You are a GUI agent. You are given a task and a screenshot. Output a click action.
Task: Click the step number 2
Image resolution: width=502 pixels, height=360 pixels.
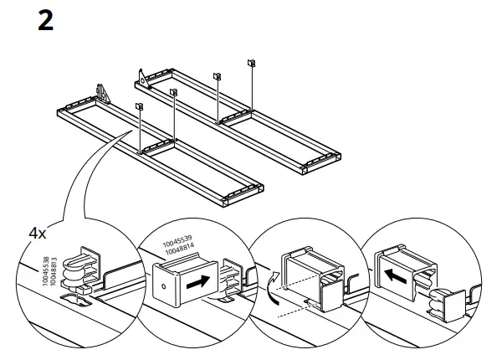[45, 21]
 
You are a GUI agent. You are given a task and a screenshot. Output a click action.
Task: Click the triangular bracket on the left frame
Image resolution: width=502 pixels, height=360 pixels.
[102, 90]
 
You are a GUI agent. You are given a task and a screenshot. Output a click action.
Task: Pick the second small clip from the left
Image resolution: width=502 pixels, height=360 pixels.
[173, 91]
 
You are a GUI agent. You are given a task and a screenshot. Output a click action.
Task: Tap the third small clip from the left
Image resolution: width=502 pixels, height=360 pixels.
[217, 75]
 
